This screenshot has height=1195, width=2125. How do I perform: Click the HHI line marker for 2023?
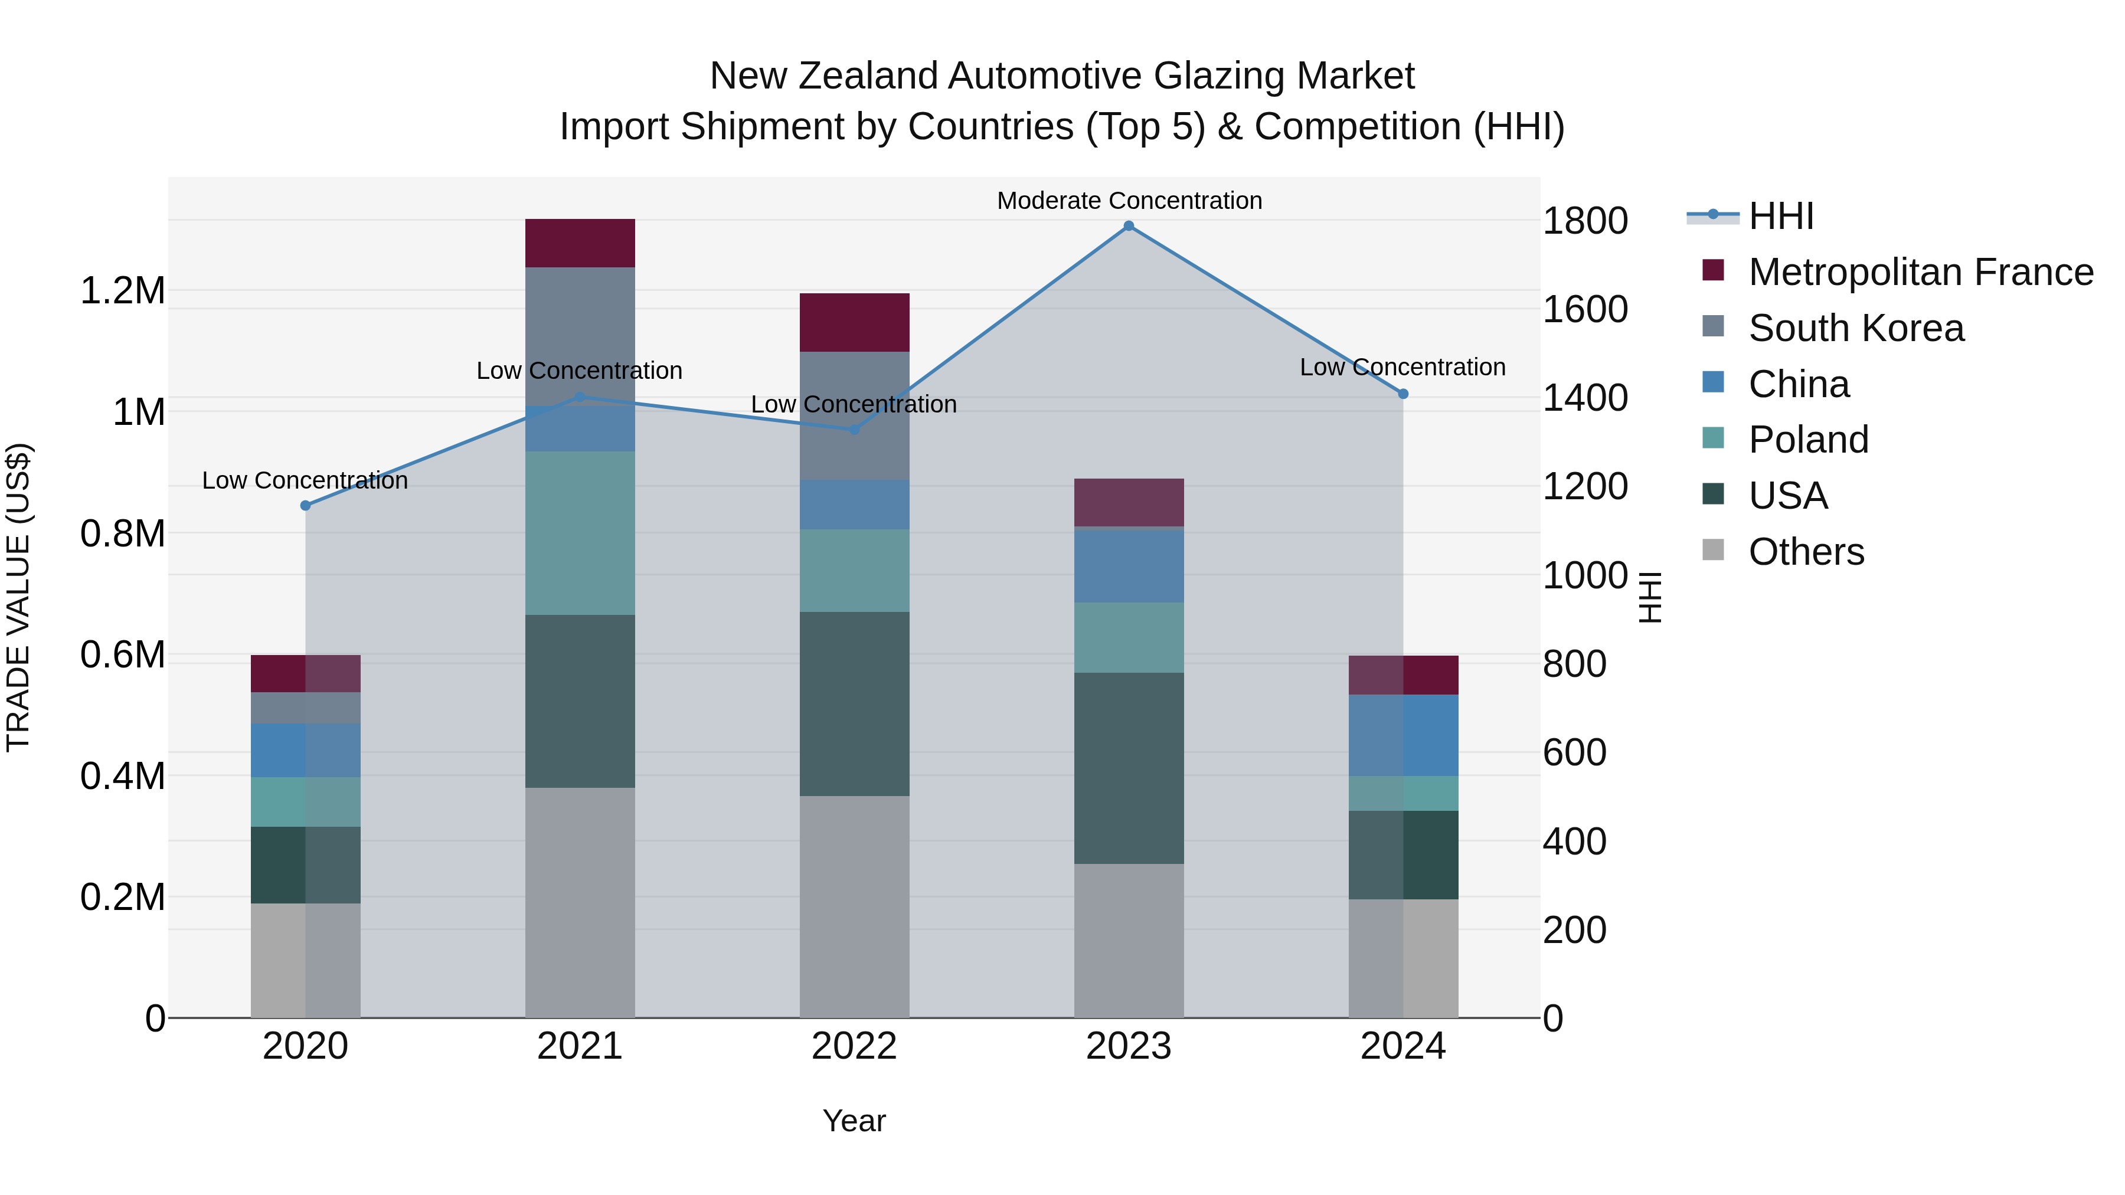(1129, 226)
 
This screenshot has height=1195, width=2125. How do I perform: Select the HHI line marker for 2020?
(305, 506)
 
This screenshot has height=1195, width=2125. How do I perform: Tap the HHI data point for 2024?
(1403, 394)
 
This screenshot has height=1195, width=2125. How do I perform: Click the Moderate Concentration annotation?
(1129, 201)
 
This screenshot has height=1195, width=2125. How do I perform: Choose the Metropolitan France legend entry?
(1920, 272)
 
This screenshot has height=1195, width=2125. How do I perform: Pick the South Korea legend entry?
(1856, 328)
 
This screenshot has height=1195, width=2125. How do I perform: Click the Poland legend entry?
(1808, 440)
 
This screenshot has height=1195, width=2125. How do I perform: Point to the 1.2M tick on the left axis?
(122, 291)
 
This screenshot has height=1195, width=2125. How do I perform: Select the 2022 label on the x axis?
(854, 1046)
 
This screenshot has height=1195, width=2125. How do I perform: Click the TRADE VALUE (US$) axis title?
(19, 597)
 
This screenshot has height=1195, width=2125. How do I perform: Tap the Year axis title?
(854, 1121)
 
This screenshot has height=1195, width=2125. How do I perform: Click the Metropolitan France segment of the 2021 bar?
(580, 243)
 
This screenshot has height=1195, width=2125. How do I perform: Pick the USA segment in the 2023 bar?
(1129, 768)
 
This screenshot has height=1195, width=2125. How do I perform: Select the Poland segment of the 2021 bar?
(580, 533)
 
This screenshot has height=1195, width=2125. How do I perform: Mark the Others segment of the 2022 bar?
(854, 906)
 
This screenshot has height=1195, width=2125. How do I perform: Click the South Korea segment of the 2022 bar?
(854, 415)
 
